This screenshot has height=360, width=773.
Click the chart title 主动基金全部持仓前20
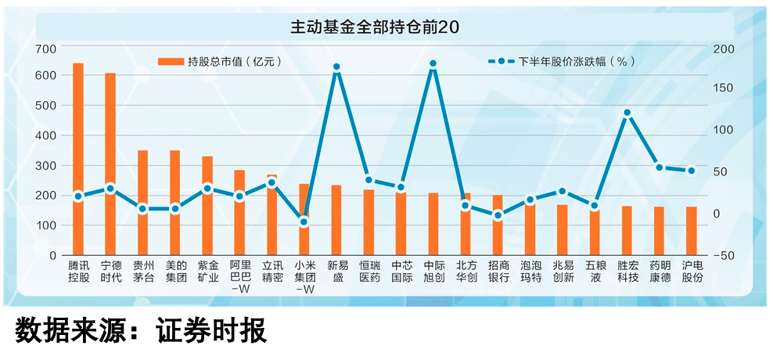pyautogui.click(x=375, y=27)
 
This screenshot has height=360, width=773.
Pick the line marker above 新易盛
pyautogui.click(x=336, y=67)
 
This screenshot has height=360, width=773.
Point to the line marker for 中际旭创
pyautogui.click(x=433, y=64)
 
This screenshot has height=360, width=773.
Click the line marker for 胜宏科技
pyautogui.click(x=627, y=113)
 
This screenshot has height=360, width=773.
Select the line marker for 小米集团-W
pyautogui.click(x=304, y=222)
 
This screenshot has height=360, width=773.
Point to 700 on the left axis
pyautogui.click(x=47, y=49)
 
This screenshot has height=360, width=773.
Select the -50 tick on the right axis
pyautogui.click(x=724, y=255)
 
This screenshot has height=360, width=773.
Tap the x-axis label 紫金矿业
pyautogui.click(x=207, y=272)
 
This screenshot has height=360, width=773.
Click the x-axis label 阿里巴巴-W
pyautogui.click(x=239, y=278)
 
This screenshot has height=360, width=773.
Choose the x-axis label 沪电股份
pyautogui.click(x=692, y=272)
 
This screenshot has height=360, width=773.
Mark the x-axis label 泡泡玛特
pyautogui.click(x=530, y=272)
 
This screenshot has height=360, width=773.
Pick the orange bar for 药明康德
pyautogui.click(x=659, y=231)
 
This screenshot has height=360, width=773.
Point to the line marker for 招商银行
pyautogui.click(x=498, y=215)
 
